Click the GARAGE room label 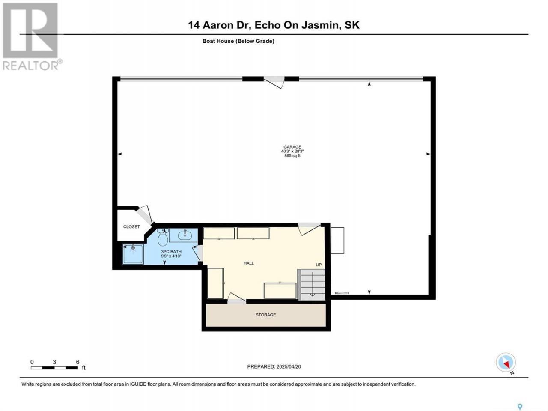tap(292, 147)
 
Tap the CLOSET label tap(131, 227)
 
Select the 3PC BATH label tap(171, 252)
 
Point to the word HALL tap(249, 263)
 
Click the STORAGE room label tap(265, 315)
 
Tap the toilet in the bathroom tap(163, 237)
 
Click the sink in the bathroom tap(185, 235)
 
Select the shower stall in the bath tap(133, 254)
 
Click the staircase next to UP tap(313, 284)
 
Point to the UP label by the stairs tap(319, 265)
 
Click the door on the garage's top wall tap(274, 82)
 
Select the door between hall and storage tap(237, 298)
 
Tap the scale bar tap(54, 368)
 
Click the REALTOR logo tap(31, 37)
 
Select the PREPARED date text tap(274, 366)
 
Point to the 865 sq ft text tap(292, 156)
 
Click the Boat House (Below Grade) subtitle tap(238, 41)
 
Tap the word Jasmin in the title tap(321, 25)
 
